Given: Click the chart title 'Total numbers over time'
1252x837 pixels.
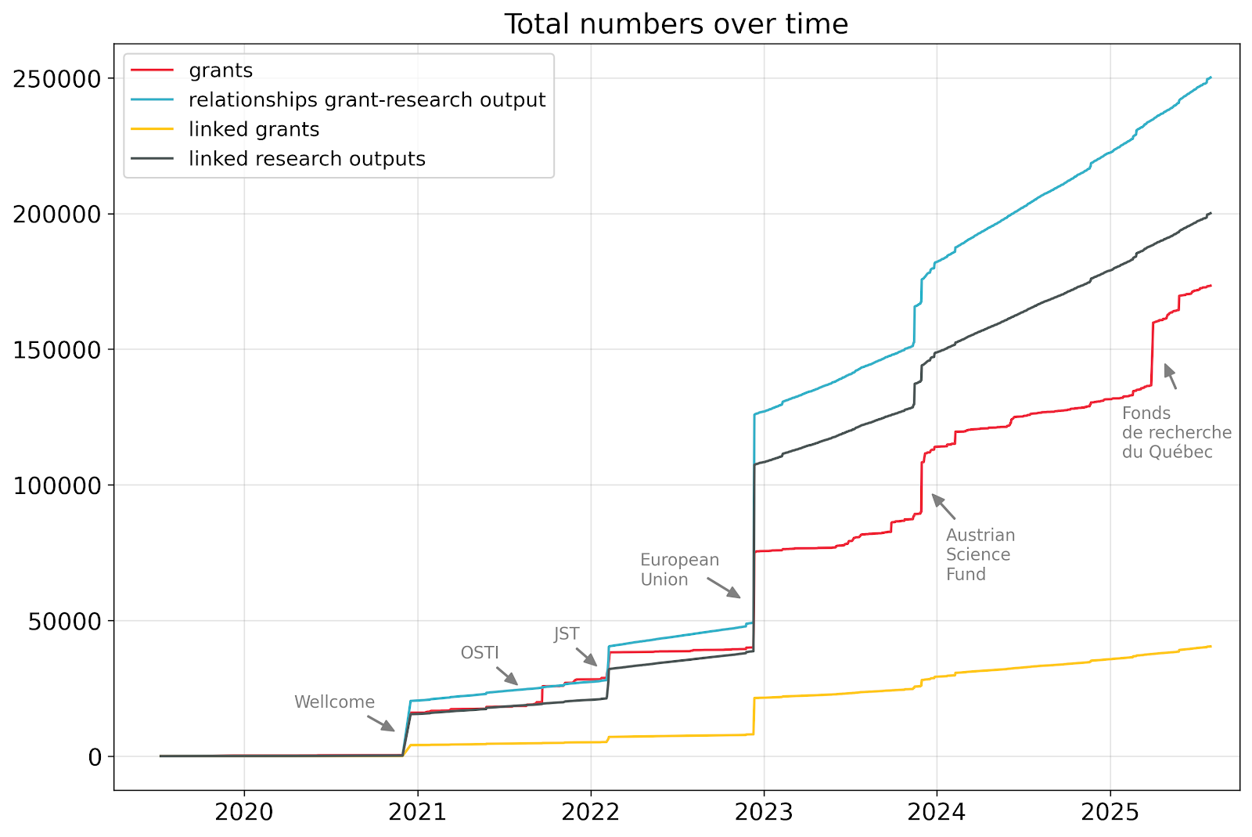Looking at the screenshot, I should pyautogui.click(x=676, y=24).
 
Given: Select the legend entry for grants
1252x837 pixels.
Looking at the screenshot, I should pyautogui.click(x=221, y=70).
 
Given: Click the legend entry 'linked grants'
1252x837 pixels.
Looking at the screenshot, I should pyautogui.click(x=254, y=129).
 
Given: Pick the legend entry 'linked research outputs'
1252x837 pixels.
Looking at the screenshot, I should pyautogui.click(x=307, y=159).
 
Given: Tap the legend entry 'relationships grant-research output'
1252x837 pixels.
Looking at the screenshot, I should pyautogui.click(x=366, y=100).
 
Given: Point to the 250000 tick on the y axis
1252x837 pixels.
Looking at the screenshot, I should pyautogui.click(x=58, y=79).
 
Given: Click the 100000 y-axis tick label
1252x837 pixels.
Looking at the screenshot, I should pyautogui.click(x=58, y=485).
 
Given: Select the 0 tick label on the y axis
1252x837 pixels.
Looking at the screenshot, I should pyautogui.click(x=95, y=756).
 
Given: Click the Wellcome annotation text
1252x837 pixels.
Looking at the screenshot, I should pyautogui.click(x=334, y=702).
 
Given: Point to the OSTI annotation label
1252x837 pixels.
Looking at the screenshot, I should pyautogui.click(x=480, y=653).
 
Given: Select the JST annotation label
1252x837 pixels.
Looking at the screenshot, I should pyautogui.click(x=567, y=634).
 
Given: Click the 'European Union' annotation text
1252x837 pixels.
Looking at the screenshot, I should pyautogui.click(x=679, y=570).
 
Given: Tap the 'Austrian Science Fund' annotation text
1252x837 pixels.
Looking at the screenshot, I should pyautogui.click(x=980, y=554).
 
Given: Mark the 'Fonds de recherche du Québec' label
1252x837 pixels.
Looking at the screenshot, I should pyautogui.click(x=1176, y=432).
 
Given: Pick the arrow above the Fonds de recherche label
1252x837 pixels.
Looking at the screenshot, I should pyautogui.click(x=1170, y=377).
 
